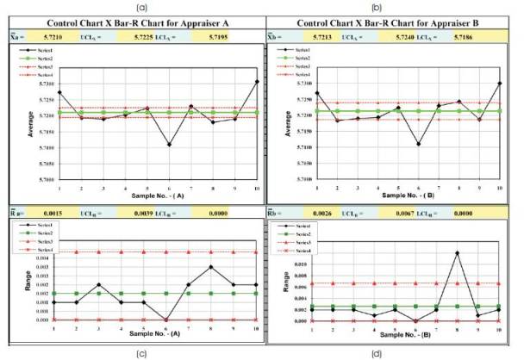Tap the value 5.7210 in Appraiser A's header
click(43, 39)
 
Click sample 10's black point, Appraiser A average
click(257, 82)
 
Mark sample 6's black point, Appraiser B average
click(418, 144)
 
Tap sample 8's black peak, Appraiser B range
click(457, 252)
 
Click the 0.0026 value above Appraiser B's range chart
click(312, 211)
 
